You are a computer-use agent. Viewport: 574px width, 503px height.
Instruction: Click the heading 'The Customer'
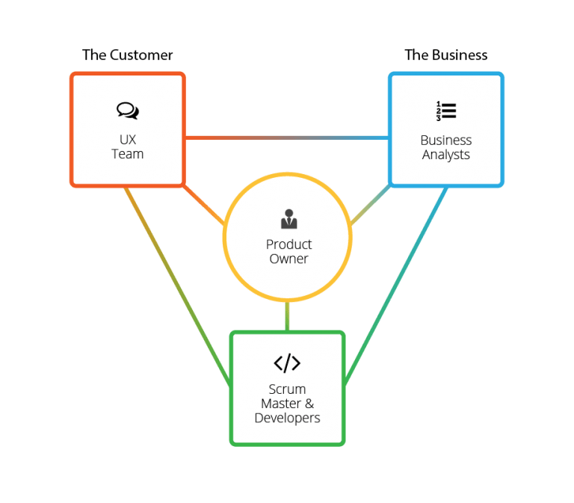[x=127, y=55]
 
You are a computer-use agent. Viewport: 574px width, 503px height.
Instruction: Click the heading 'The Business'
[x=445, y=55]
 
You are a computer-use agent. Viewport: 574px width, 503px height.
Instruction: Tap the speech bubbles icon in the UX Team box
[x=128, y=111]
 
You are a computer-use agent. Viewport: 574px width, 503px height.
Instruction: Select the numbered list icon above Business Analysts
[x=445, y=111]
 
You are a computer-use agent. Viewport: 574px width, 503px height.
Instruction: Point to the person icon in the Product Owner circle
[x=288, y=219]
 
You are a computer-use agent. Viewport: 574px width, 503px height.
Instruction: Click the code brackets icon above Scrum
[x=287, y=363]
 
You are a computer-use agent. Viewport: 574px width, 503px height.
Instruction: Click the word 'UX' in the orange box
[x=128, y=140]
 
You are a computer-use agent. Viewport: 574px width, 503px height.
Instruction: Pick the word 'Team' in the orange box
[x=128, y=154]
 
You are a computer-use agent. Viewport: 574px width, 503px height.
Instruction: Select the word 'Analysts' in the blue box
[x=445, y=155]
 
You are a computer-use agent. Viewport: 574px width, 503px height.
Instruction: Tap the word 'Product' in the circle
[x=288, y=244]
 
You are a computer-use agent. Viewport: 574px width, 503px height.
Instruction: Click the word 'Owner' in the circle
[x=288, y=259]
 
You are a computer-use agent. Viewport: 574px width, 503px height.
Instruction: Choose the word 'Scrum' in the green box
[x=287, y=389]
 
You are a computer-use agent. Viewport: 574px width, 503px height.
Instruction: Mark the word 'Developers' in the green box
[x=287, y=418]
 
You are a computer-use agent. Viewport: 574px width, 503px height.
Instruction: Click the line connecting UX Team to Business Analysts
[x=286, y=138]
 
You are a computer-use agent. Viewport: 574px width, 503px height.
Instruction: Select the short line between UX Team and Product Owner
[x=203, y=203]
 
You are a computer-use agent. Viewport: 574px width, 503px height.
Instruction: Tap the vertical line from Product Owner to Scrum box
[x=287, y=317]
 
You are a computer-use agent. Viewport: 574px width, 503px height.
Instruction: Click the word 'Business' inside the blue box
[x=445, y=140]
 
